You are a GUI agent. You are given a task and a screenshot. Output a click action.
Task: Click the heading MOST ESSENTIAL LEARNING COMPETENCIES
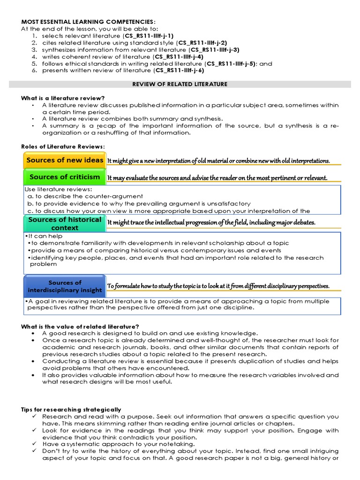pyautogui.click(x=87, y=22)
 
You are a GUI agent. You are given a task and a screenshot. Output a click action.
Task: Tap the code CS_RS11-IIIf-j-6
pyautogui.click(x=179, y=70)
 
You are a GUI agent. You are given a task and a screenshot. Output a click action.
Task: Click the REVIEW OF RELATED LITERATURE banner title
pyautogui.click(x=180, y=84)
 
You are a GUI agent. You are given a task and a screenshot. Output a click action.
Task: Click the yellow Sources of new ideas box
pyautogui.click(x=64, y=160)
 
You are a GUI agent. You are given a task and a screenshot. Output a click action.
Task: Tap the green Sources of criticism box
pyautogui.click(x=64, y=177)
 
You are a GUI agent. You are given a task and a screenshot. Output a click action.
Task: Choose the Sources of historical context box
pyautogui.click(x=64, y=223)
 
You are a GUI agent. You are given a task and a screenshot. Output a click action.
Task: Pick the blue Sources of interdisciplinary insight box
pyautogui.click(x=64, y=286)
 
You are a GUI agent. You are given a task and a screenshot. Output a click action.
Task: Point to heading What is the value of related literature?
pyautogui.click(x=80, y=326)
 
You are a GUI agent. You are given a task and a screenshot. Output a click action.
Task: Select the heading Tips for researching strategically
pyautogui.click(x=71, y=409)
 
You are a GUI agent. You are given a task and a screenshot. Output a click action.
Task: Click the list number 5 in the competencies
pyautogui.click(x=34, y=63)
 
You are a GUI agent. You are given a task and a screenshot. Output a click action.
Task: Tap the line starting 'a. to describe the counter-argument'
pyautogui.click(x=85, y=196)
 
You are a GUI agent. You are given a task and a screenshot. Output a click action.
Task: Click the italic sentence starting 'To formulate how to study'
pyautogui.click(x=218, y=286)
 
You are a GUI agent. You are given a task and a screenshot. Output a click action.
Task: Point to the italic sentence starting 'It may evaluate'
pyautogui.click(x=217, y=178)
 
